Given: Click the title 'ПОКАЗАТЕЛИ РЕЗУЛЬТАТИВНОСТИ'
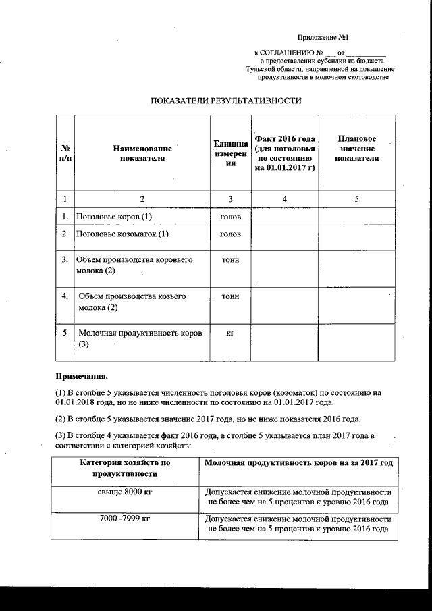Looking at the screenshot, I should click(225, 101).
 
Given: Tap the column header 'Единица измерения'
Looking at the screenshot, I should click(230, 153).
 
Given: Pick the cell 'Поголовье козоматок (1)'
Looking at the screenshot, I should click(122, 234).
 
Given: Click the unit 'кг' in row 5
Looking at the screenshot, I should click(230, 334).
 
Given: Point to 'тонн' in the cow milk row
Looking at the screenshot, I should click(230, 259).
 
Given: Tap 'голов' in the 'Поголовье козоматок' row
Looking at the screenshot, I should click(230, 234).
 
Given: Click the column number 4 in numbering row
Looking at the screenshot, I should click(285, 198).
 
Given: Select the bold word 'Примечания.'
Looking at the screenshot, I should click(80, 375).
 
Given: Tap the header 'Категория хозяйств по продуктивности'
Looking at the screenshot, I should click(124, 469).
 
